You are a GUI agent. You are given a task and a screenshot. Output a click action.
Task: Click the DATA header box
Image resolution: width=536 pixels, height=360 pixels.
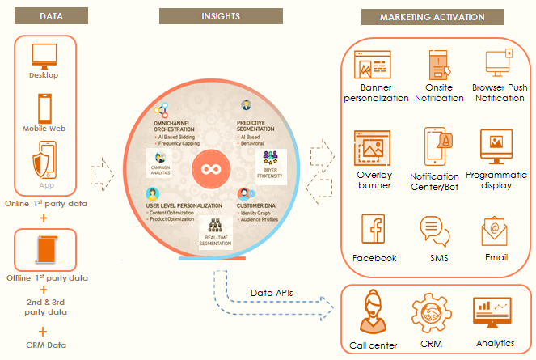point(44,16)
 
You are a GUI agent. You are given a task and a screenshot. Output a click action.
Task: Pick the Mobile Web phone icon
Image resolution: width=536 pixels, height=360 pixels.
point(44,107)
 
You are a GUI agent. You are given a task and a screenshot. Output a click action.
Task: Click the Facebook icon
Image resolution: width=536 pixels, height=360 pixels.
point(374,231)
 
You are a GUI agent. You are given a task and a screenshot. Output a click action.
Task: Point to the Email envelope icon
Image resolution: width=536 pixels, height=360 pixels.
point(495,231)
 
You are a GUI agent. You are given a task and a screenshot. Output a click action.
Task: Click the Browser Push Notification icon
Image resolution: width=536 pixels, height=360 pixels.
point(498,63)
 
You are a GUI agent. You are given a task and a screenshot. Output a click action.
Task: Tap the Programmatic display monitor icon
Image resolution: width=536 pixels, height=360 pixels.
point(496,146)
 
